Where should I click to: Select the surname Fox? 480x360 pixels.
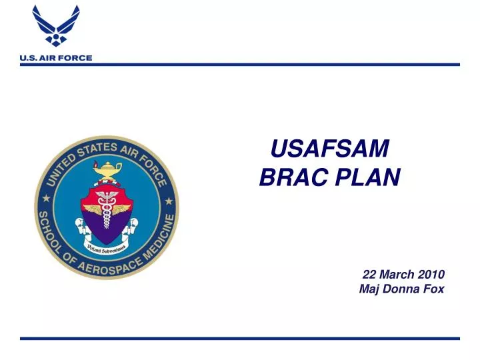[433, 289]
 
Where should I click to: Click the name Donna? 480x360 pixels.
[400, 289]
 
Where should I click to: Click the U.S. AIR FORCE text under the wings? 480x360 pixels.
[56, 58]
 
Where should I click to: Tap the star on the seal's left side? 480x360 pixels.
[45, 199]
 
